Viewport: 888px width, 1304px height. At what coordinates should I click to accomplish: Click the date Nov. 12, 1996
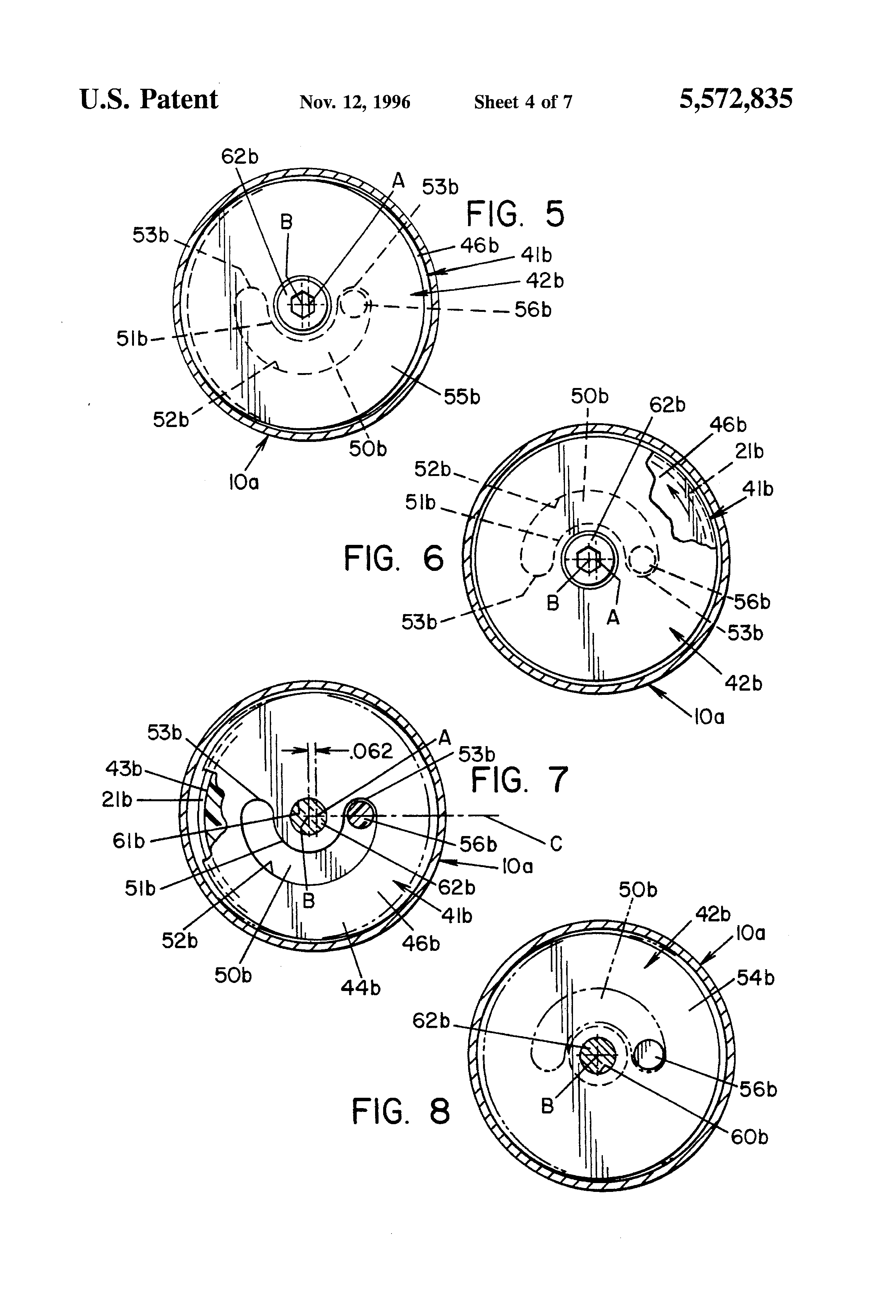355,102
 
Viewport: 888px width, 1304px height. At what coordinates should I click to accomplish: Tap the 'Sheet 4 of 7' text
522,102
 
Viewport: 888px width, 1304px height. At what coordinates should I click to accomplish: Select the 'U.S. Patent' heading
149,100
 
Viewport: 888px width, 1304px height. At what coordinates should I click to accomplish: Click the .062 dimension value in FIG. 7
371,751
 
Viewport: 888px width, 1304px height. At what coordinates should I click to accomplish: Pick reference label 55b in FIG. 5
462,397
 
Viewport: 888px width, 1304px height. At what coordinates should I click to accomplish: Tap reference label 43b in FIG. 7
124,768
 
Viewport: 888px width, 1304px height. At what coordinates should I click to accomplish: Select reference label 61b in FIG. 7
129,841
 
